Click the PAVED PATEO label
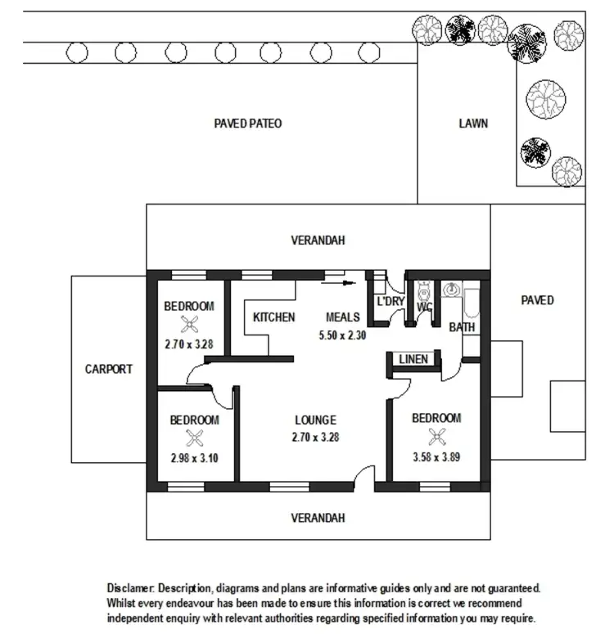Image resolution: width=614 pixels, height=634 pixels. (247, 124)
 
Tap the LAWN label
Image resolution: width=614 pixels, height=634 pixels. (473, 124)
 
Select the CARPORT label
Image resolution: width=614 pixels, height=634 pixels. (108, 369)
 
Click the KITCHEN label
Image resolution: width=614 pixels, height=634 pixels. (273, 317)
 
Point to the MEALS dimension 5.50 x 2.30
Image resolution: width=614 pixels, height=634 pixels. (341, 335)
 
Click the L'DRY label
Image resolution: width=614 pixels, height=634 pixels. (391, 302)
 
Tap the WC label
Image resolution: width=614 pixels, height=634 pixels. (424, 307)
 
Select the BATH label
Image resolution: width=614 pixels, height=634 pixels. (462, 327)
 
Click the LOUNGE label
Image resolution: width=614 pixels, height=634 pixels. (315, 420)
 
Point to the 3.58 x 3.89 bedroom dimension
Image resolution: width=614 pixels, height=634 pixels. (436, 457)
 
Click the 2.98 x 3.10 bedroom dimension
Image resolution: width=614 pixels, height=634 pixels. (194, 458)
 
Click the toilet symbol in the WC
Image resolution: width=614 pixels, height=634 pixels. (423, 290)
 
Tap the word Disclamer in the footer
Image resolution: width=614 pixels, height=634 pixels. (130, 588)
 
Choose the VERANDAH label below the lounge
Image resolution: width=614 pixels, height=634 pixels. (318, 518)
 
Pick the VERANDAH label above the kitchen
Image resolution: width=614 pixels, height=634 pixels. (318, 241)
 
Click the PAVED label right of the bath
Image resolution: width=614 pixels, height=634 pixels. (537, 300)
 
